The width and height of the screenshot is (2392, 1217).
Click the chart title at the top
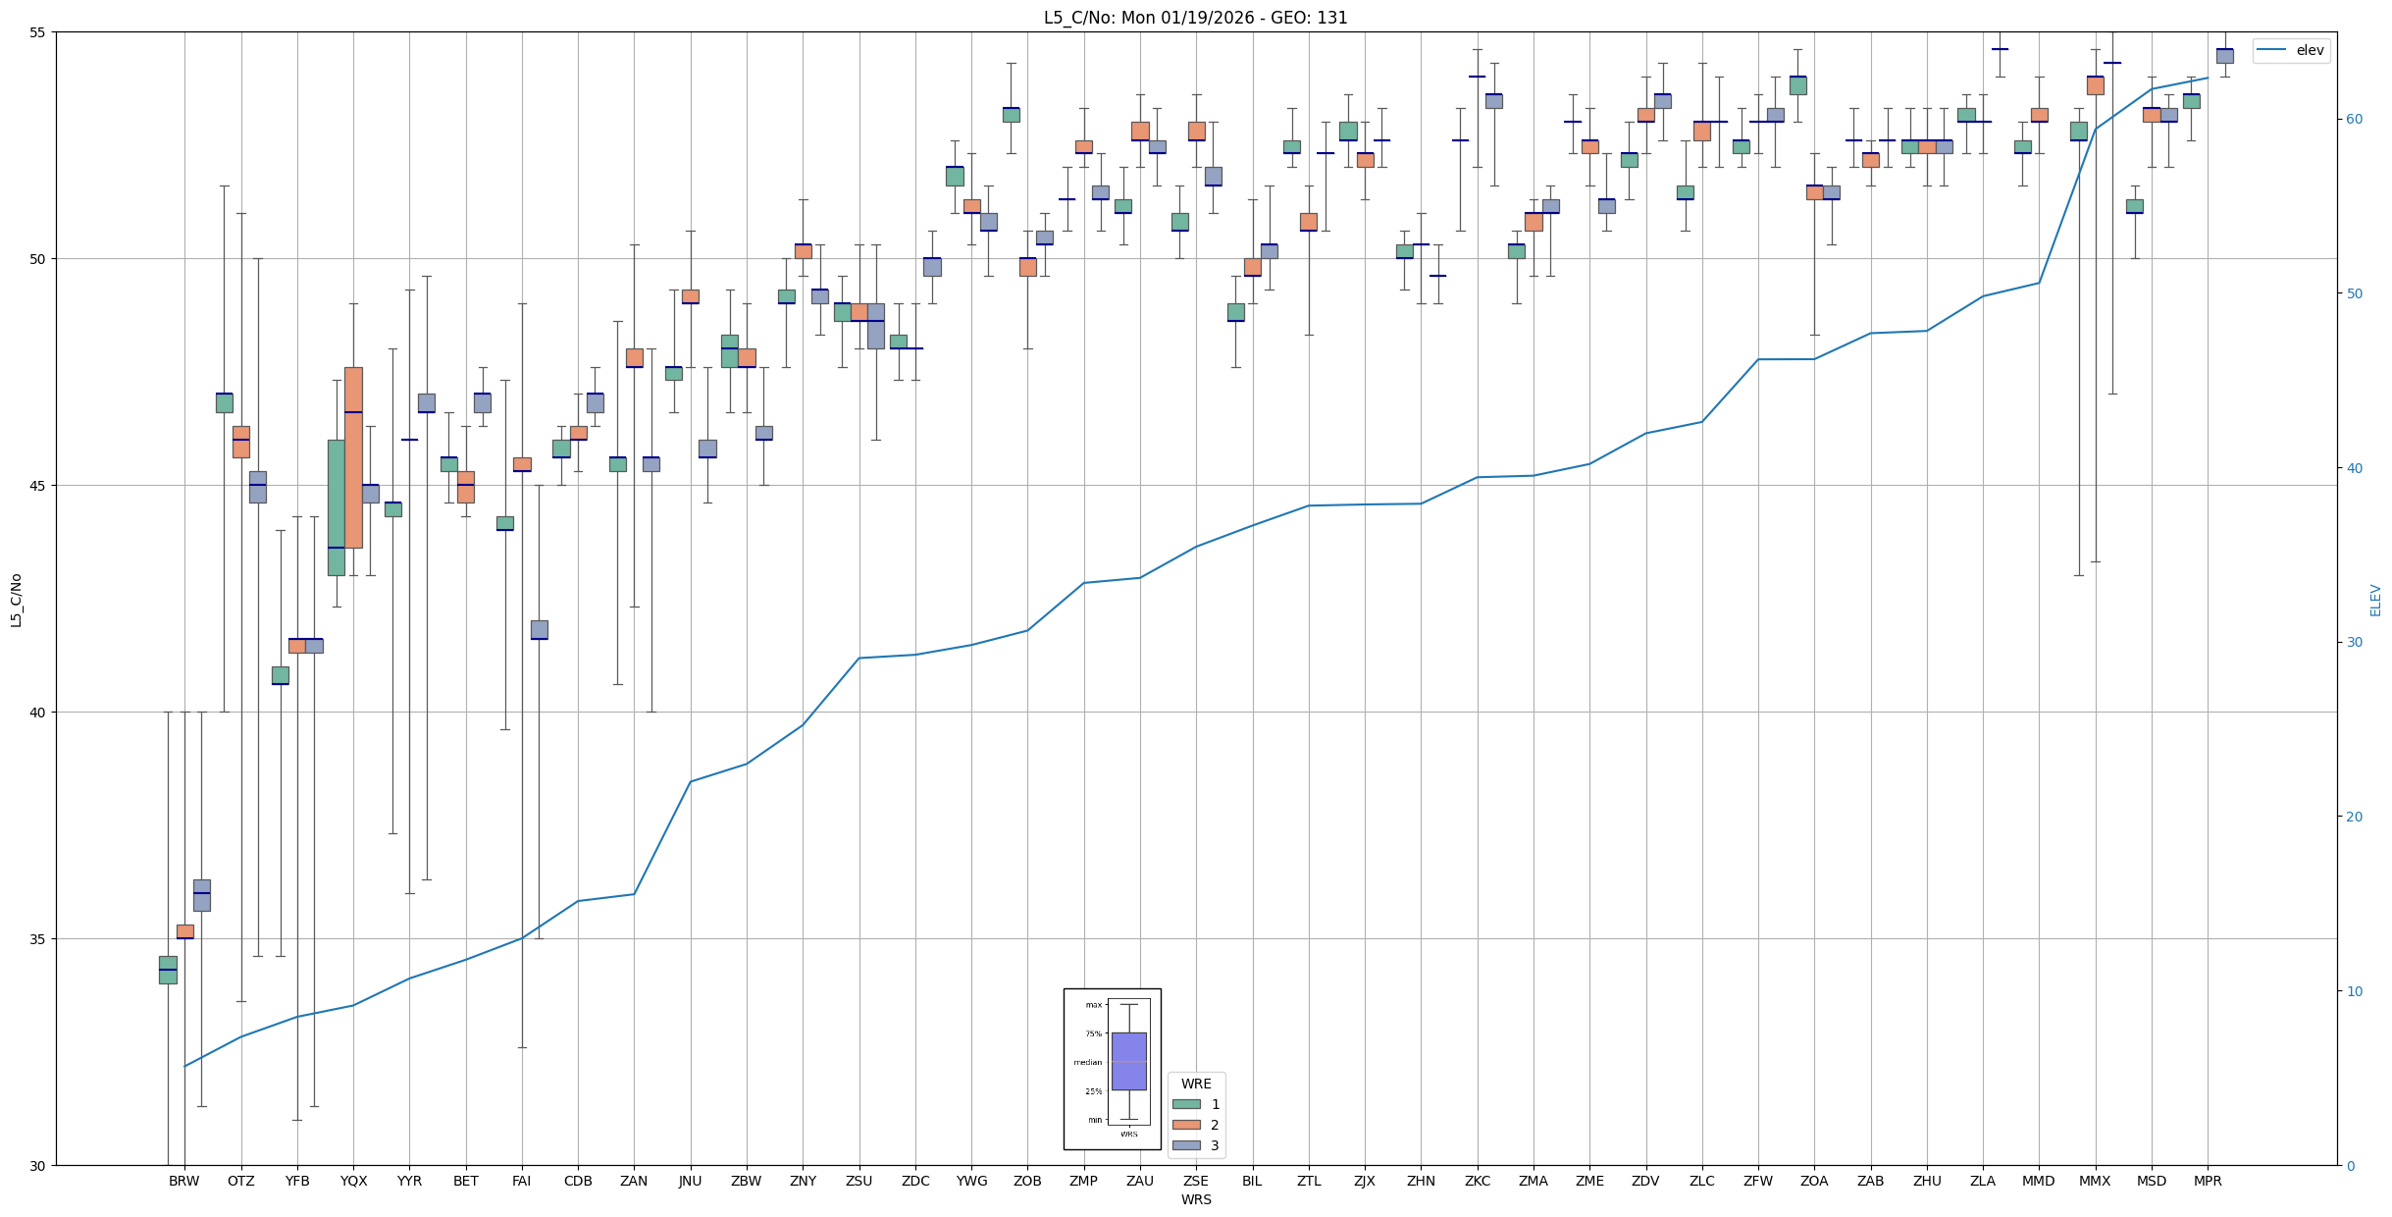click(x=1195, y=18)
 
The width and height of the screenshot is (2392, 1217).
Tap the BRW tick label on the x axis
click(x=183, y=1181)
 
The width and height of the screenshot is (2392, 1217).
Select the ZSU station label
click(x=858, y=1181)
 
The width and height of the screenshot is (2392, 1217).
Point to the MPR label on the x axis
click(x=2208, y=1181)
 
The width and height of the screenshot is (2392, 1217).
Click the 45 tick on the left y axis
click(x=38, y=486)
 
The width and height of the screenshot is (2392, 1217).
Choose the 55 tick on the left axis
click(x=38, y=32)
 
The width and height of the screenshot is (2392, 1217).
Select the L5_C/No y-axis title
click(x=16, y=599)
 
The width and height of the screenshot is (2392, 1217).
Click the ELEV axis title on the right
click(x=2375, y=600)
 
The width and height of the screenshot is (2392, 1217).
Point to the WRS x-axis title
click(x=1195, y=1199)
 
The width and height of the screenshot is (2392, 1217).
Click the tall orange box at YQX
click(x=353, y=457)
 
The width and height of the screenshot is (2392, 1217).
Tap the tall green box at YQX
click(x=337, y=507)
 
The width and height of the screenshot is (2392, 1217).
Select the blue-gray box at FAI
click(x=539, y=629)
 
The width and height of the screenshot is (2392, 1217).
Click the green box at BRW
click(x=168, y=970)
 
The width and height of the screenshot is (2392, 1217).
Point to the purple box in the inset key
click(x=1128, y=1061)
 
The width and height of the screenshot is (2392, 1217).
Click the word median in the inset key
click(x=1087, y=1062)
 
